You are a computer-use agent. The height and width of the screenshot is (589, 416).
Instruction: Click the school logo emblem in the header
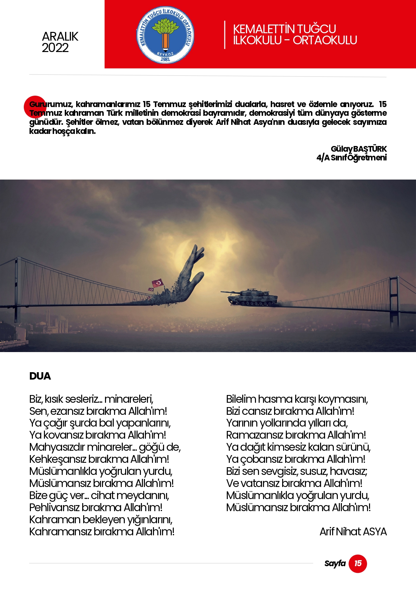point(165,35)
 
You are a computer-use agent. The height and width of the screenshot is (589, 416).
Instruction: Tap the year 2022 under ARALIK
point(55,48)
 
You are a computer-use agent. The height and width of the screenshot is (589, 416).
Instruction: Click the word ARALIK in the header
point(60,36)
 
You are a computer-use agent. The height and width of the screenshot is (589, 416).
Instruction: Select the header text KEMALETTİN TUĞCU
point(284,29)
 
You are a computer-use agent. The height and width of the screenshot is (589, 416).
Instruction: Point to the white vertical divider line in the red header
point(224,35)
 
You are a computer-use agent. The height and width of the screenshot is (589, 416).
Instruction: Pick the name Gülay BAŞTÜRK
point(358,149)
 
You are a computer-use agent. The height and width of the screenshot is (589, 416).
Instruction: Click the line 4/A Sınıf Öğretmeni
point(351,157)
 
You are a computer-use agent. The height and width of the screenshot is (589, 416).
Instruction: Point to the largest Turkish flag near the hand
point(157,283)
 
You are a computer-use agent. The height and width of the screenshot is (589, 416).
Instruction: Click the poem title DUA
point(40,376)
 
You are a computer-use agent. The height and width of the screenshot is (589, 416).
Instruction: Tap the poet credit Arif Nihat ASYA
point(353,532)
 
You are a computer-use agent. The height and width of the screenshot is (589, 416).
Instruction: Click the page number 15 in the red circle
point(358,563)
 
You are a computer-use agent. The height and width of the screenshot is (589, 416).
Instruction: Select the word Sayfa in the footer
point(335,563)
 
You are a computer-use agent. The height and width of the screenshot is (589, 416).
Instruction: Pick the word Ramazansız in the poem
point(255,435)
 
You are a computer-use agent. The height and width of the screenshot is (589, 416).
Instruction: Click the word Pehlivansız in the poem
point(54,507)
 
